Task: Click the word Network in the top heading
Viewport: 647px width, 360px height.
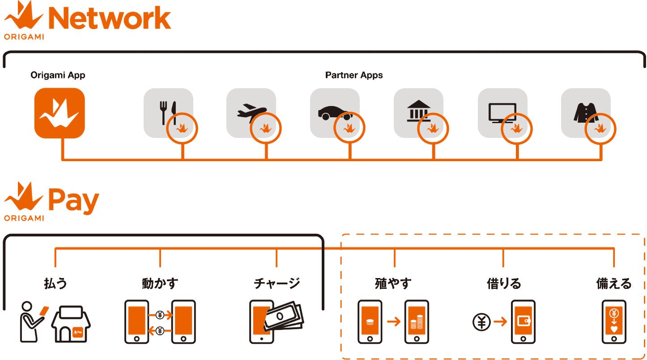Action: click(x=109, y=19)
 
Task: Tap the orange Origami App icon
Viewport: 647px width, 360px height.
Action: click(x=60, y=113)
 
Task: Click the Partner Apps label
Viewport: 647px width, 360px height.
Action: click(x=354, y=75)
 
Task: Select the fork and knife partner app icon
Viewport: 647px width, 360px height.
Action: click(x=168, y=112)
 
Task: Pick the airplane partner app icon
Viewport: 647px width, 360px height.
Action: click(x=251, y=112)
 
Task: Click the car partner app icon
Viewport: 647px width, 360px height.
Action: click(x=335, y=112)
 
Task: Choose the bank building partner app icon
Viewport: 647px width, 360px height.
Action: click(x=418, y=111)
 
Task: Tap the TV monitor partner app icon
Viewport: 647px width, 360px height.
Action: click(x=502, y=112)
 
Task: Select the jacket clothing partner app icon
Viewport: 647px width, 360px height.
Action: click(x=586, y=112)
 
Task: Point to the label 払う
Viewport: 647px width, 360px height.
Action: click(x=55, y=283)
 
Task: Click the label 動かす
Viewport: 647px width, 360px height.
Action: click(x=160, y=283)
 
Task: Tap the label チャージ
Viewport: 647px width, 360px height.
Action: click(x=277, y=283)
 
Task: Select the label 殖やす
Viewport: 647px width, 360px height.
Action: click(x=393, y=283)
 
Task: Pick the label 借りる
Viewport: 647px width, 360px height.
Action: click(x=504, y=283)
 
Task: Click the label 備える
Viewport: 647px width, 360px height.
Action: click(x=614, y=283)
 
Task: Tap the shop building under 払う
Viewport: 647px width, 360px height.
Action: click(x=72, y=324)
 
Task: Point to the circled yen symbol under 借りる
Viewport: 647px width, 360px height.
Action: click(x=481, y=322)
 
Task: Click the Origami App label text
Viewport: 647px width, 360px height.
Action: click(x=58, y=75)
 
